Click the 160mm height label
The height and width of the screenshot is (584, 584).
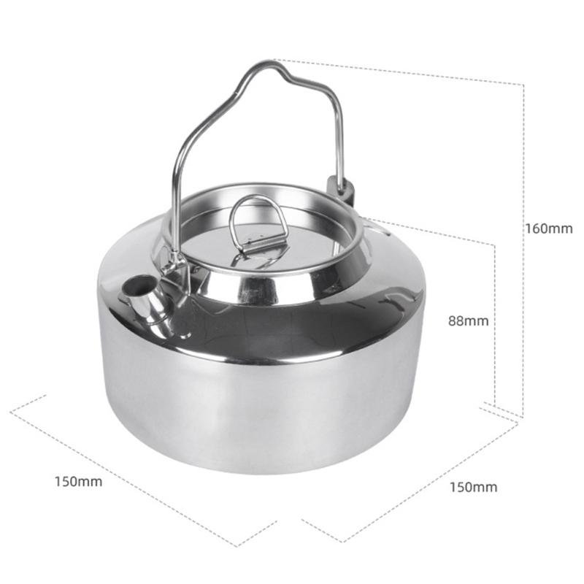point(548,228)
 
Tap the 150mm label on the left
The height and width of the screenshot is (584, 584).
point(78,482)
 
